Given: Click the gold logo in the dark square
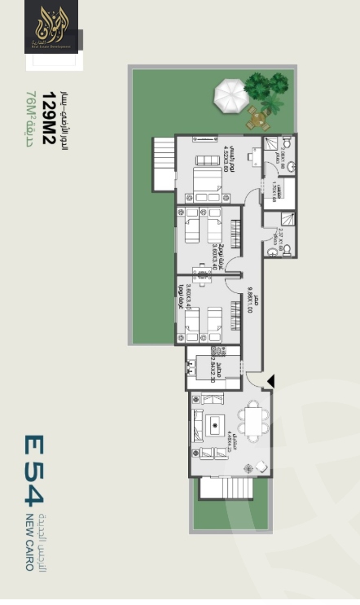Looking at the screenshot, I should pos(52,28).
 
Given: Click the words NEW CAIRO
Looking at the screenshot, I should pos(29,541).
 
